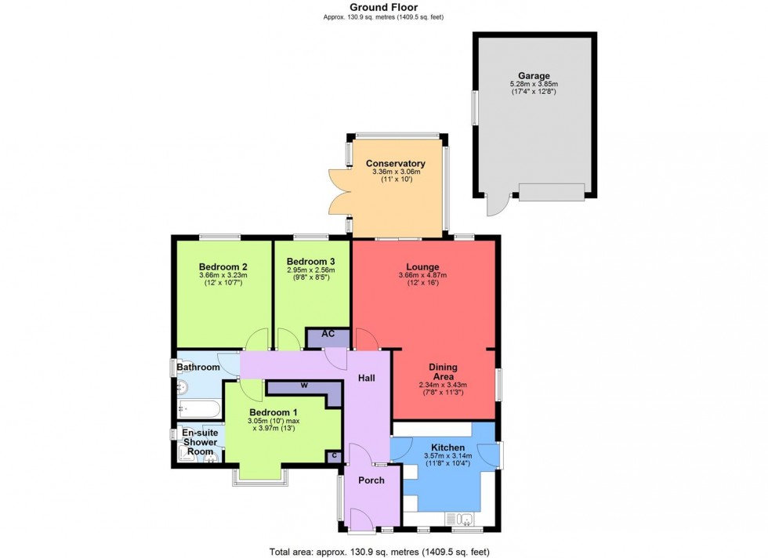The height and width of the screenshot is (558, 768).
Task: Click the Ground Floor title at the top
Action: (383, 7)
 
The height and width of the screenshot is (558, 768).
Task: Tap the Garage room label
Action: (533, 76)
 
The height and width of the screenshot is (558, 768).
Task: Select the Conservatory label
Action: (396, 163)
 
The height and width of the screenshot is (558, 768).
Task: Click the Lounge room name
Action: (422, 266)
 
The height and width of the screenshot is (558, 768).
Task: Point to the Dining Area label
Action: (443, 371)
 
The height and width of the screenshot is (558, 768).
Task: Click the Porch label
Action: (371, 480)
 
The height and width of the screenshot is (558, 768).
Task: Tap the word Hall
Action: (367, 379)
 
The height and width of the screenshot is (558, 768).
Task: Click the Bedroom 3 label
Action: (310, 261)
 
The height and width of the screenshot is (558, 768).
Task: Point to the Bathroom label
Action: (197, 367)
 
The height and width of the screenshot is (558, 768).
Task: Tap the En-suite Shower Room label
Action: (200, 442)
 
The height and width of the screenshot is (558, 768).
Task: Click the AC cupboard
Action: (328, 335)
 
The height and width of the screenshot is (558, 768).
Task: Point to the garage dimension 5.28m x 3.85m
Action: (533, 85)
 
